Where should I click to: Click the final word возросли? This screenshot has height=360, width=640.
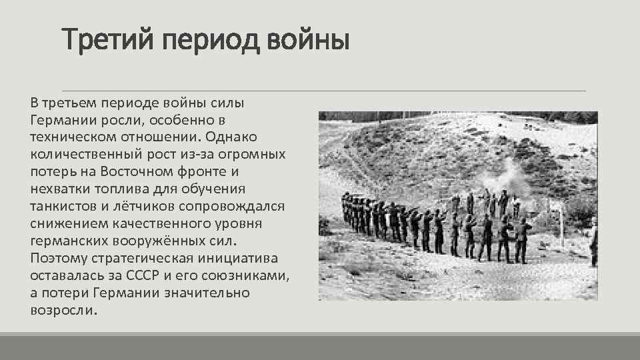(x=63, y=310)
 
